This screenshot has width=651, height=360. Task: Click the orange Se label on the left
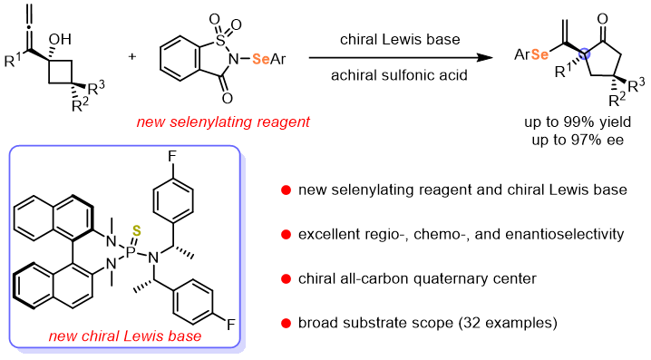tap(261, 59)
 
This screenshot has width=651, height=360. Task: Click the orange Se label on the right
tap(539, 54)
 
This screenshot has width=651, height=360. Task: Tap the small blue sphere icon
tap(585, 54)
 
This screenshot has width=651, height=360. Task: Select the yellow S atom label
tap(137, 231)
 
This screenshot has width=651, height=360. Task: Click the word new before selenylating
tap(151, 122)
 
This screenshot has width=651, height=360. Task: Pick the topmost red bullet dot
tap(287, 190)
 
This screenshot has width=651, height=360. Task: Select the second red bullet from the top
tap(287, 235)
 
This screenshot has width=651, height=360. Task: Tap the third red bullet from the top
tap(287, 279)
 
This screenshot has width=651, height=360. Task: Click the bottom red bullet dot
tap(287, 324)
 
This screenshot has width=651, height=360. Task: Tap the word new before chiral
tap(63, 337)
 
